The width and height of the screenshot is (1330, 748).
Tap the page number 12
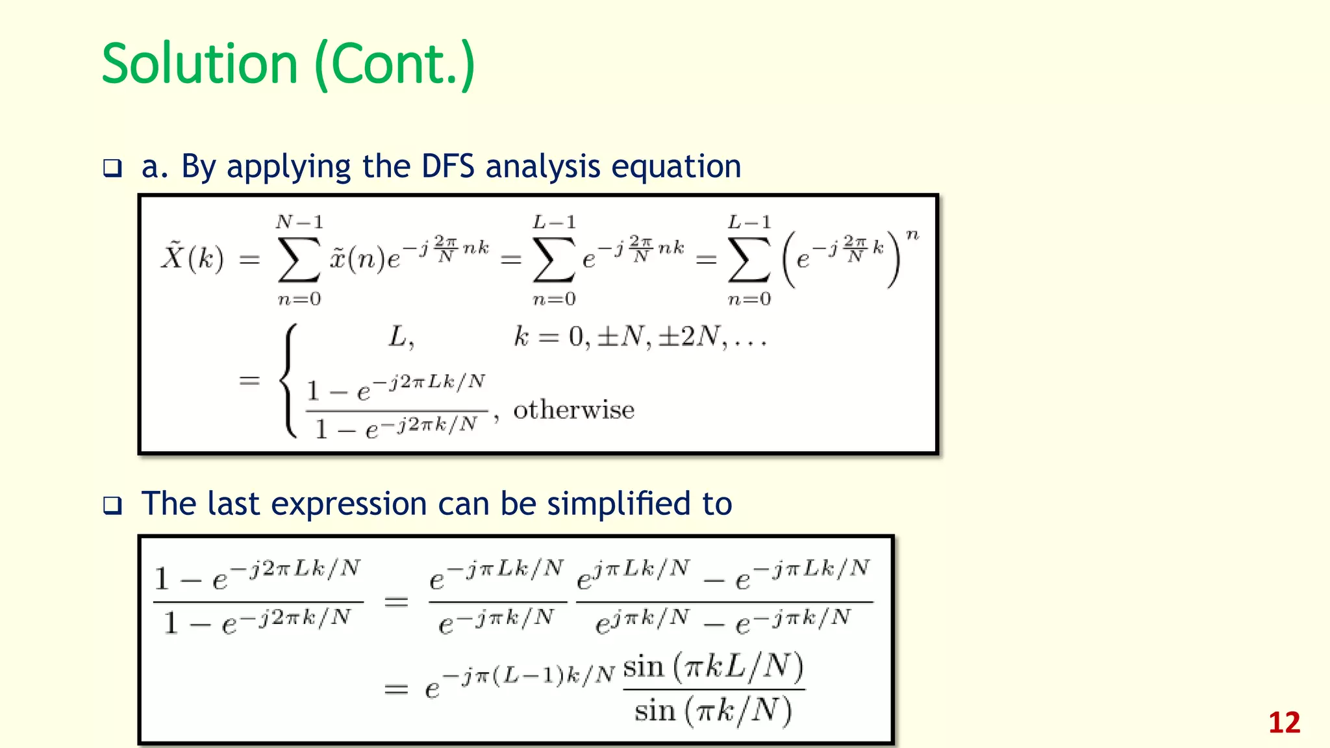1284,723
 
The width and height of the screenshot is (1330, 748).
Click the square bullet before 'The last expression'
112,506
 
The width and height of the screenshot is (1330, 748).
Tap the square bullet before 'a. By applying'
112,169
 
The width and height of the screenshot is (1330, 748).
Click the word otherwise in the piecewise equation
573,410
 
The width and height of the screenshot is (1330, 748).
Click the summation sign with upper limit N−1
299,260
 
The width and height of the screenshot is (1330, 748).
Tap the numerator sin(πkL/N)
713,667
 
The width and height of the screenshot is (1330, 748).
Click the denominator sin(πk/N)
713,710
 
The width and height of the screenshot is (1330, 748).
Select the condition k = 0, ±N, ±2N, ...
640,337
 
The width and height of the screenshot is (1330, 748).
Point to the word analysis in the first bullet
543,166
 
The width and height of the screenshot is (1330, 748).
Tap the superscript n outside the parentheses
912,234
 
